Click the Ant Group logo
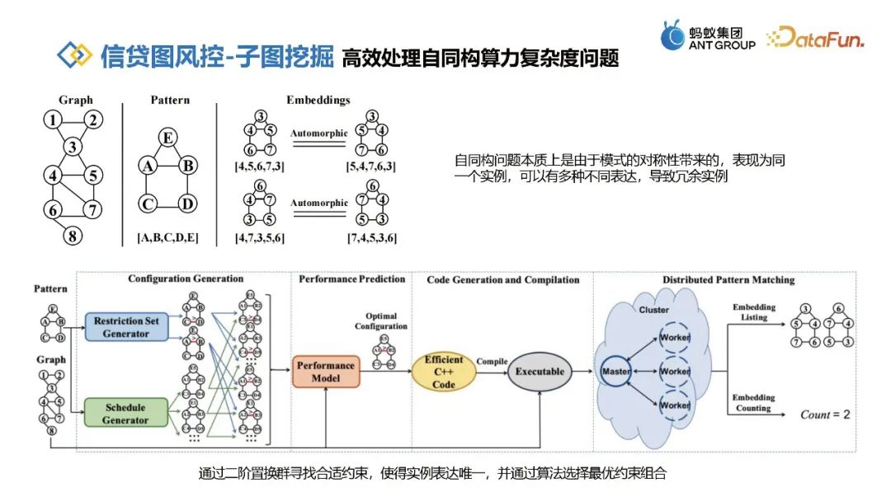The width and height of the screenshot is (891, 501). (x=708, y=37)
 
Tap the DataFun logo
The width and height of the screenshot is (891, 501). (x=814, y=37)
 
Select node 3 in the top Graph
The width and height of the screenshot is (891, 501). (x=74, y=147)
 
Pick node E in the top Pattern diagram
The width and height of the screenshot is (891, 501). (x=167, y=138)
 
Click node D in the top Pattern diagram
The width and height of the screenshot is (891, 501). (x=188, y=204)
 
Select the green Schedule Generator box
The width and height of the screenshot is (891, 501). (x=125, y=414)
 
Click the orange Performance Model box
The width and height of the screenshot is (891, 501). (x=326, y=372)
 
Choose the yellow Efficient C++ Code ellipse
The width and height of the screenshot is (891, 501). (x=444, y=372)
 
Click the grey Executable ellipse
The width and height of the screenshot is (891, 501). (x=540, y=372)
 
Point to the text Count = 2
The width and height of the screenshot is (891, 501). (x=824, y=414)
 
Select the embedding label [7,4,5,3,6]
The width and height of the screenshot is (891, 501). (x=372, y=238)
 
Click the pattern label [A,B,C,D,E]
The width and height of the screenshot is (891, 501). (x=167, y=238)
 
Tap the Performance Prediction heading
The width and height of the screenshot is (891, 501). (x=352, y=279)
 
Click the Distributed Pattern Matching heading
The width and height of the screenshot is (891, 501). (x=728, y=280)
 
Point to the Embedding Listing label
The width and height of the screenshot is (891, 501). (x=754, y=312)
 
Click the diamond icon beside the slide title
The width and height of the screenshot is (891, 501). (x=75, y=55)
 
